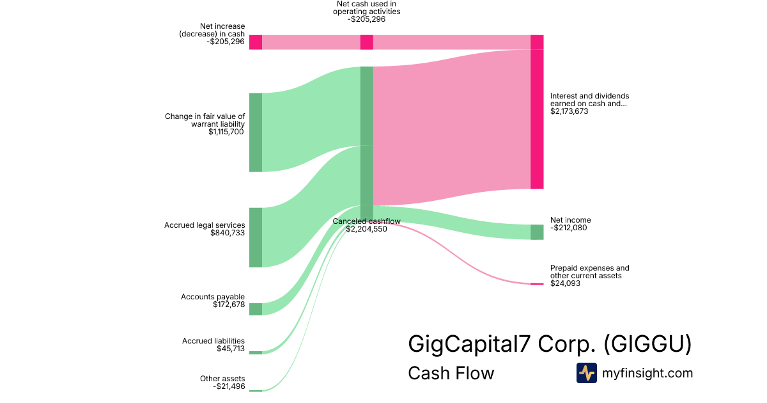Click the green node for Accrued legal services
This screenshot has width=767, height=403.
point(256,237)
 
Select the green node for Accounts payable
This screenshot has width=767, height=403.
point(256,309)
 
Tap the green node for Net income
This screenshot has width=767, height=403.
point(537,232)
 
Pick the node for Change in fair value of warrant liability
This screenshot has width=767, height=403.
point(256,132)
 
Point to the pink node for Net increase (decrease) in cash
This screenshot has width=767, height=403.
point(256,42)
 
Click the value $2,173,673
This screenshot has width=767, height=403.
point(569,111)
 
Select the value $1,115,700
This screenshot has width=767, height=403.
point(226,132)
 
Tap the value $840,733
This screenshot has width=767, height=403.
point(228,233)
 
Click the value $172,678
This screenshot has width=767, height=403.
point(229,304)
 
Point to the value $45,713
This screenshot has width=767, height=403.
point(231,349)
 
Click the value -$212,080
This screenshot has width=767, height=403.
point(568,228)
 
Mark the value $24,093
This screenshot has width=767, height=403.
point(565,283)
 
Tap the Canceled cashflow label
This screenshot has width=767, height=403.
point(366,221)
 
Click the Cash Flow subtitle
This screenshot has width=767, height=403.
point(451,373)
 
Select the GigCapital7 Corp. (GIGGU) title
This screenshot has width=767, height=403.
point(550,344)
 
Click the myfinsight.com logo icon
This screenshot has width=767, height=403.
point(586,373)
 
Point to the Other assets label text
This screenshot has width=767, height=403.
point(222,379)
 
